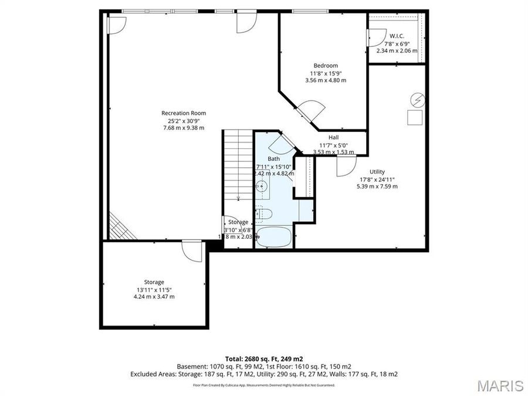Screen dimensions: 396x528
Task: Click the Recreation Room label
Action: pos(184,113)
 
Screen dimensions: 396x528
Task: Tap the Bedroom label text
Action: pos(326,65)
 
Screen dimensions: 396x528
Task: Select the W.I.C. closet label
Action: pos(397,36)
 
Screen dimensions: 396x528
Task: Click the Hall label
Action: pos(333,137)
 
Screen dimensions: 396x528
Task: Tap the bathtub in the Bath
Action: pos(274,238)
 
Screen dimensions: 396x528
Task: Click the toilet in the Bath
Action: pos(265,213)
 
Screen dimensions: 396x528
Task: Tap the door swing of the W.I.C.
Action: pos(374,36)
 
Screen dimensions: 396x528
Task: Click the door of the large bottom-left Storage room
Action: pos(192,251)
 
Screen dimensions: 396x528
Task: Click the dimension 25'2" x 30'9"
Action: pos(184,120)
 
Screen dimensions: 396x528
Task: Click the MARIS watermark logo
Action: pos(500,385)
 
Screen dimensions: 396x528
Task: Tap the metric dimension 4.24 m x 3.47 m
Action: pos(154,296)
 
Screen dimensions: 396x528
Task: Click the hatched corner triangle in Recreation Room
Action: pos(119,228)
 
